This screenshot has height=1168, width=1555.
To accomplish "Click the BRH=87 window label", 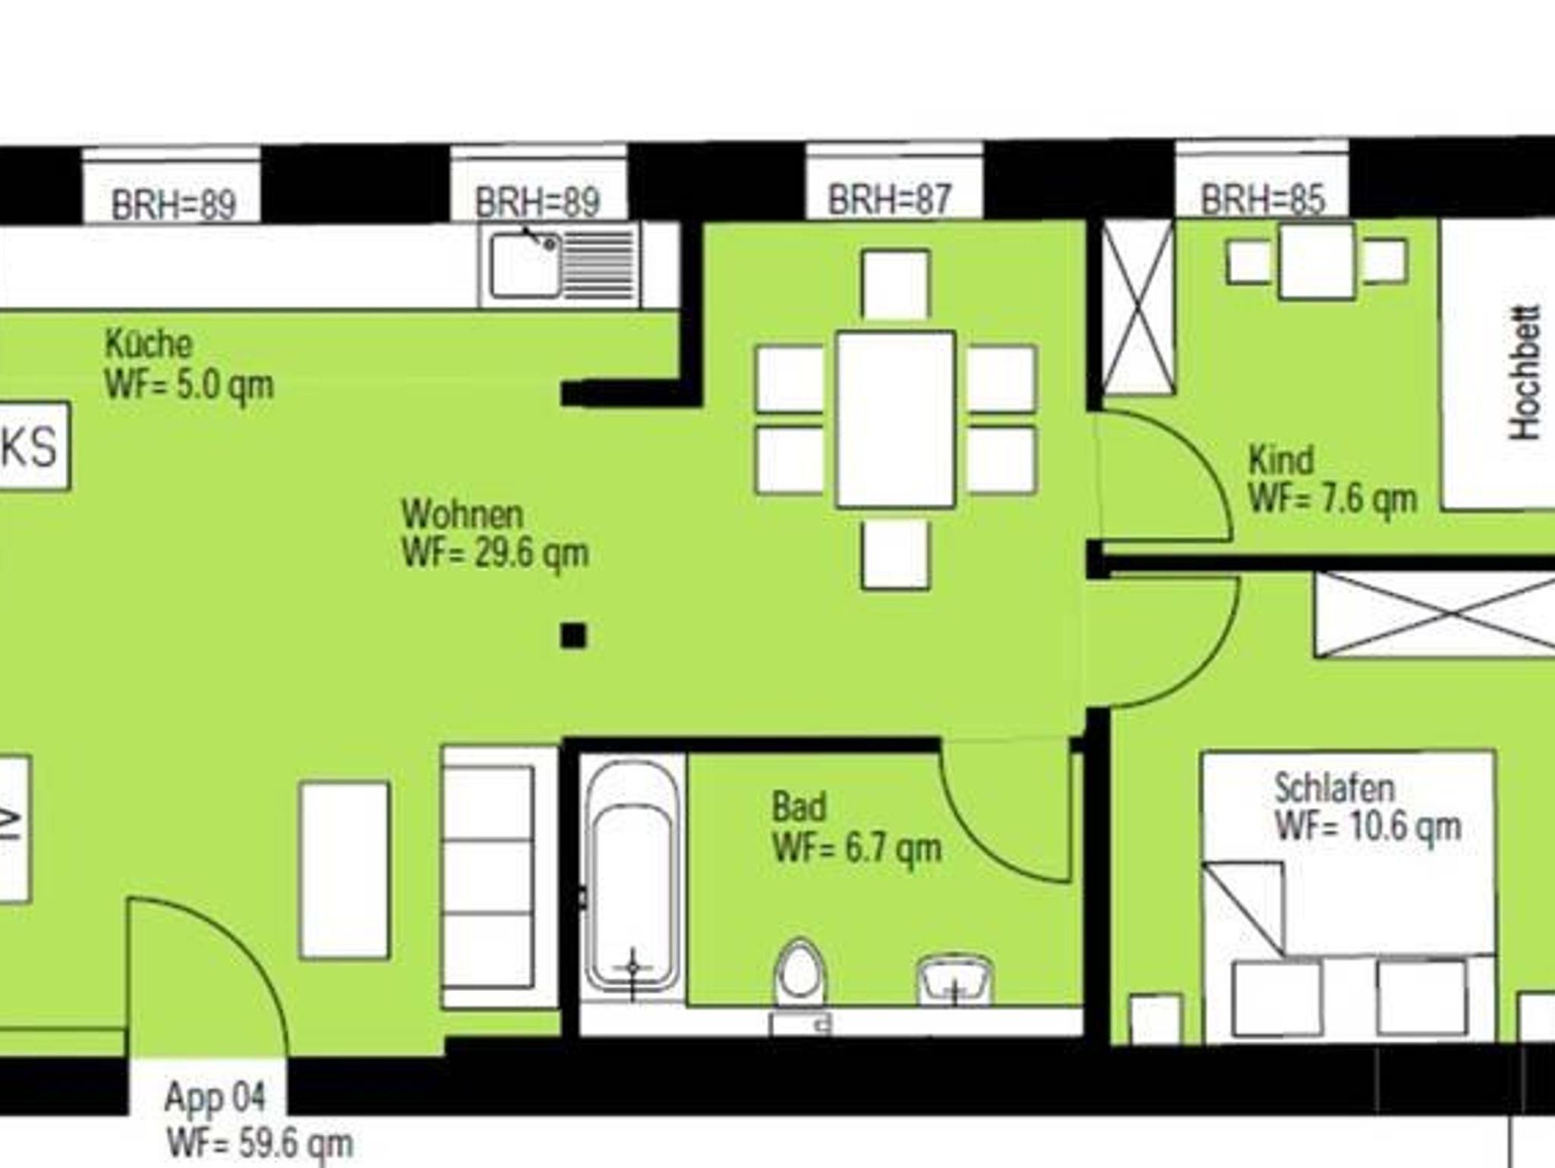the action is pos(889,200).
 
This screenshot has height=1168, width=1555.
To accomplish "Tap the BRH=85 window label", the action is pos(1263,200).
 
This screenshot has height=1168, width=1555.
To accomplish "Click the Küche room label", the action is pos(149,344).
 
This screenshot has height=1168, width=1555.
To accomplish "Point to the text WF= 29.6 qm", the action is pos(495,553).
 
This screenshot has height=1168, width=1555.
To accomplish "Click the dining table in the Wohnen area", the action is pos(895,419).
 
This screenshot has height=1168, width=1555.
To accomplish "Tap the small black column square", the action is pos(573,636).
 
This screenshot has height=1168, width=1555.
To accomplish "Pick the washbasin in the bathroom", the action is pos(954,979).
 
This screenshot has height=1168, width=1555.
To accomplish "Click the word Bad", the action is pos(799,807).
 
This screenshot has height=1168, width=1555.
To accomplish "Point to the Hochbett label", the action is pos(1525,372).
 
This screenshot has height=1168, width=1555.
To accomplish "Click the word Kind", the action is pos(1281,460).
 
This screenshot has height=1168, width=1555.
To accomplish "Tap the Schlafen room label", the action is pos(1334,788).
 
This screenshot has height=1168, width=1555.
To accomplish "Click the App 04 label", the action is pos(216,1098).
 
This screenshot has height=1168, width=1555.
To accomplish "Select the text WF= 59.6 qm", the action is pos(260,1143).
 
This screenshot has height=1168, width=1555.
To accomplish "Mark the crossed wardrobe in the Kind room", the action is pos(1137,308).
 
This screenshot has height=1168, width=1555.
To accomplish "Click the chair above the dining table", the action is pos(895,284).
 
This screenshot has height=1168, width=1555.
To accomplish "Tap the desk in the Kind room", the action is pos(1317,260).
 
